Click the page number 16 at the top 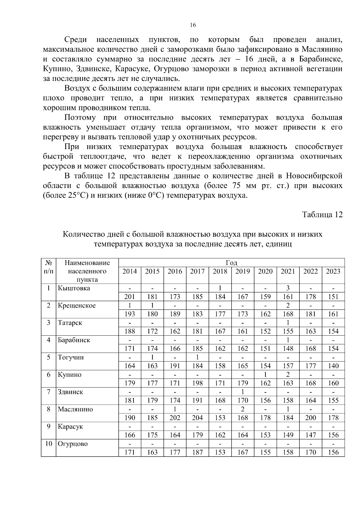[x=193, y=25]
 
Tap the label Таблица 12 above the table [x=322, y=215]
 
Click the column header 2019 [x=242, y=271]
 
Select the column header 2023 [x=333, y=271]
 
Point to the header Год [x=231, y=263]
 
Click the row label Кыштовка [x=74, y=288]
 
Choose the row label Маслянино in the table [x=75, y=409]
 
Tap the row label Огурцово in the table [x=73, y=444]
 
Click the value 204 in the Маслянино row [x=197, y=418]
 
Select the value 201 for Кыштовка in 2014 [x=130, y=297]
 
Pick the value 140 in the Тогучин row [x=333, y=366]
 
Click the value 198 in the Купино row [x=197, y=383]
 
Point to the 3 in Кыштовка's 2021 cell [x=288, y=288]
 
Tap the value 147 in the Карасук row [x=310, y=435]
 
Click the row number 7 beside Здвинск [x=48, y=392]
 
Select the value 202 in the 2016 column [x=175, y=418]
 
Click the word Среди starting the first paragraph [x=76, y=40]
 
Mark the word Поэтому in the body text [x=80, y=118]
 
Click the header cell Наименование [x=87, y=263]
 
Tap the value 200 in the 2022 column [x=310, y=418]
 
